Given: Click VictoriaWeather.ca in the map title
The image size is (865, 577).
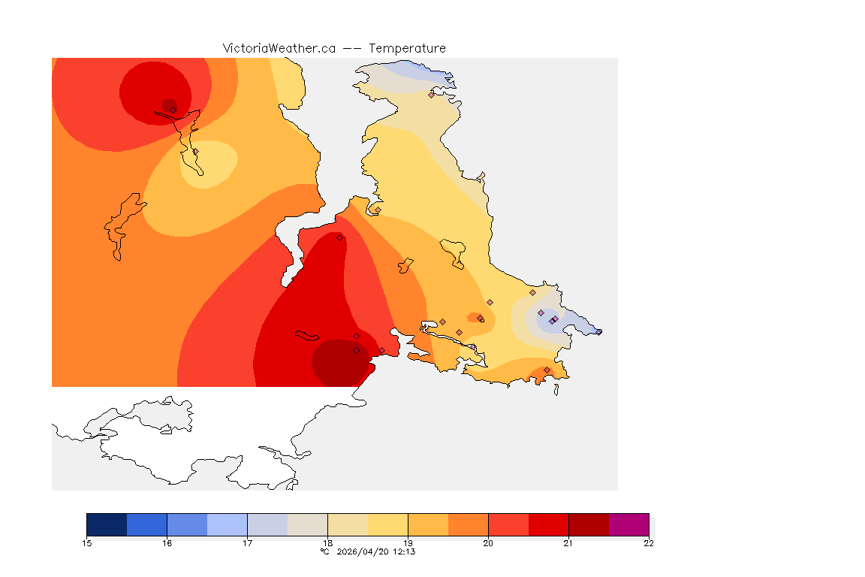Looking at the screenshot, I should click(279, 48).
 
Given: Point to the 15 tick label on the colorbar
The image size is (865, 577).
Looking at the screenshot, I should click(86, 543).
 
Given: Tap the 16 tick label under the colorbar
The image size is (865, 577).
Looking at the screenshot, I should click(167, 543).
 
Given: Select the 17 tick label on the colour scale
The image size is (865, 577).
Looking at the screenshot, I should click(247, 543).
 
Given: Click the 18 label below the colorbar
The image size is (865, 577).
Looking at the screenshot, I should click(327, 543).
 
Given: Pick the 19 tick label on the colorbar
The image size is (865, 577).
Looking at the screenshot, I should click(408, 543).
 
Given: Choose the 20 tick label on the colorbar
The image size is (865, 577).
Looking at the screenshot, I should click(488, 543).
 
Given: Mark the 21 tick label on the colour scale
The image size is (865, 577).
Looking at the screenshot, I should click(568, 543).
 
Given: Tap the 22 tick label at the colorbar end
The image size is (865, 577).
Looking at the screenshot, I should click(649, 543).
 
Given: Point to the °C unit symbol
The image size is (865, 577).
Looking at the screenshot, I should click(324, 551).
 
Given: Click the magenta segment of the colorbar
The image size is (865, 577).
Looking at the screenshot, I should click(628, 524).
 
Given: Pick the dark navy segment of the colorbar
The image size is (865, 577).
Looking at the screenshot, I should click(107, 524).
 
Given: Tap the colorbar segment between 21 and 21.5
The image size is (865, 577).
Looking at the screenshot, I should click(589, 524).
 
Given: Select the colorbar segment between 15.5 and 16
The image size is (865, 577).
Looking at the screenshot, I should click(146, 524).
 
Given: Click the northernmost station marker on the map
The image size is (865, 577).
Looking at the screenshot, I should click(431, 95).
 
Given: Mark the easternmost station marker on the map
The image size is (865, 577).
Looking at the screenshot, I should click(598, 331).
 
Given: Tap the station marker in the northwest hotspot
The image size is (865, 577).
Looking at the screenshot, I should click(173, 110).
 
